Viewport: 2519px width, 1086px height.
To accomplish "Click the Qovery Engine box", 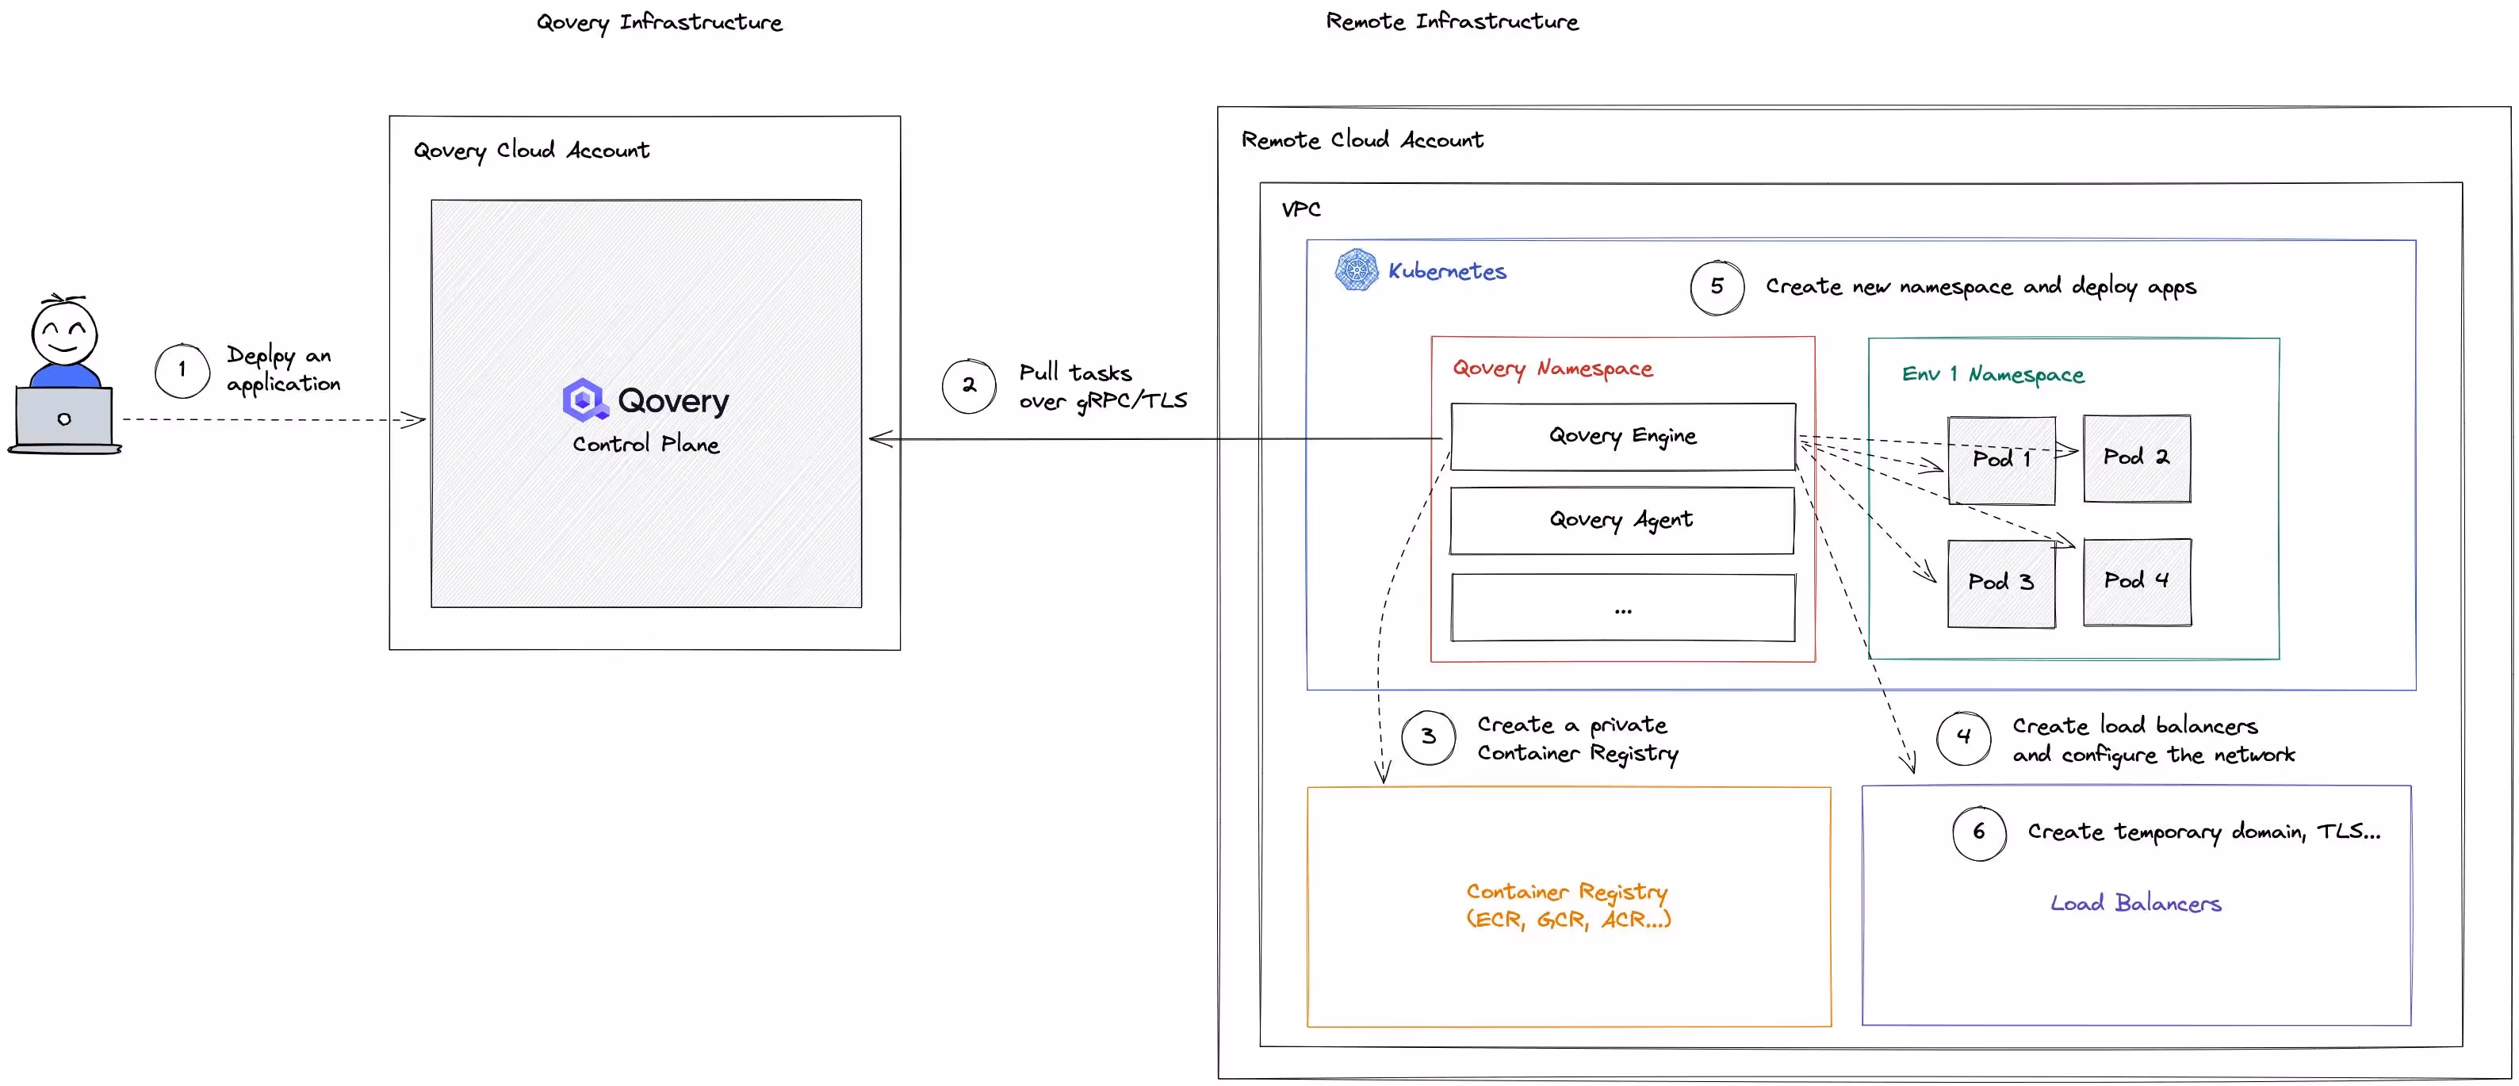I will point(1622,436).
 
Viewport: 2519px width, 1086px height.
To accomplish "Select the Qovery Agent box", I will point(1621,520).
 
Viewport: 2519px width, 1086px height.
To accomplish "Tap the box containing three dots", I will point(1622,608).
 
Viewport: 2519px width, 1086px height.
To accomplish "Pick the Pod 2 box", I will point(2137,457).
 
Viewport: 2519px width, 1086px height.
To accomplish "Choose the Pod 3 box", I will point(2000,583).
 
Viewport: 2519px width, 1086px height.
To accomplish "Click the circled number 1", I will point(182,370).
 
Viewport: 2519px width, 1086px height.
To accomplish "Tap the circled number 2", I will point(968,385).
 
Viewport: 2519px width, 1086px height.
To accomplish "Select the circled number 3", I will point(1428,737).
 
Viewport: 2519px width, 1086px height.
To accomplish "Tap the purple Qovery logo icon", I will point(584,399).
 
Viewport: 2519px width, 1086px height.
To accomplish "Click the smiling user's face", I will point(63,332).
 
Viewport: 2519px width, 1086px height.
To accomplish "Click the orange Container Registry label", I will point(1568,905).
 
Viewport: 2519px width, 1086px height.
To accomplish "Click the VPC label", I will point(1300,209).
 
